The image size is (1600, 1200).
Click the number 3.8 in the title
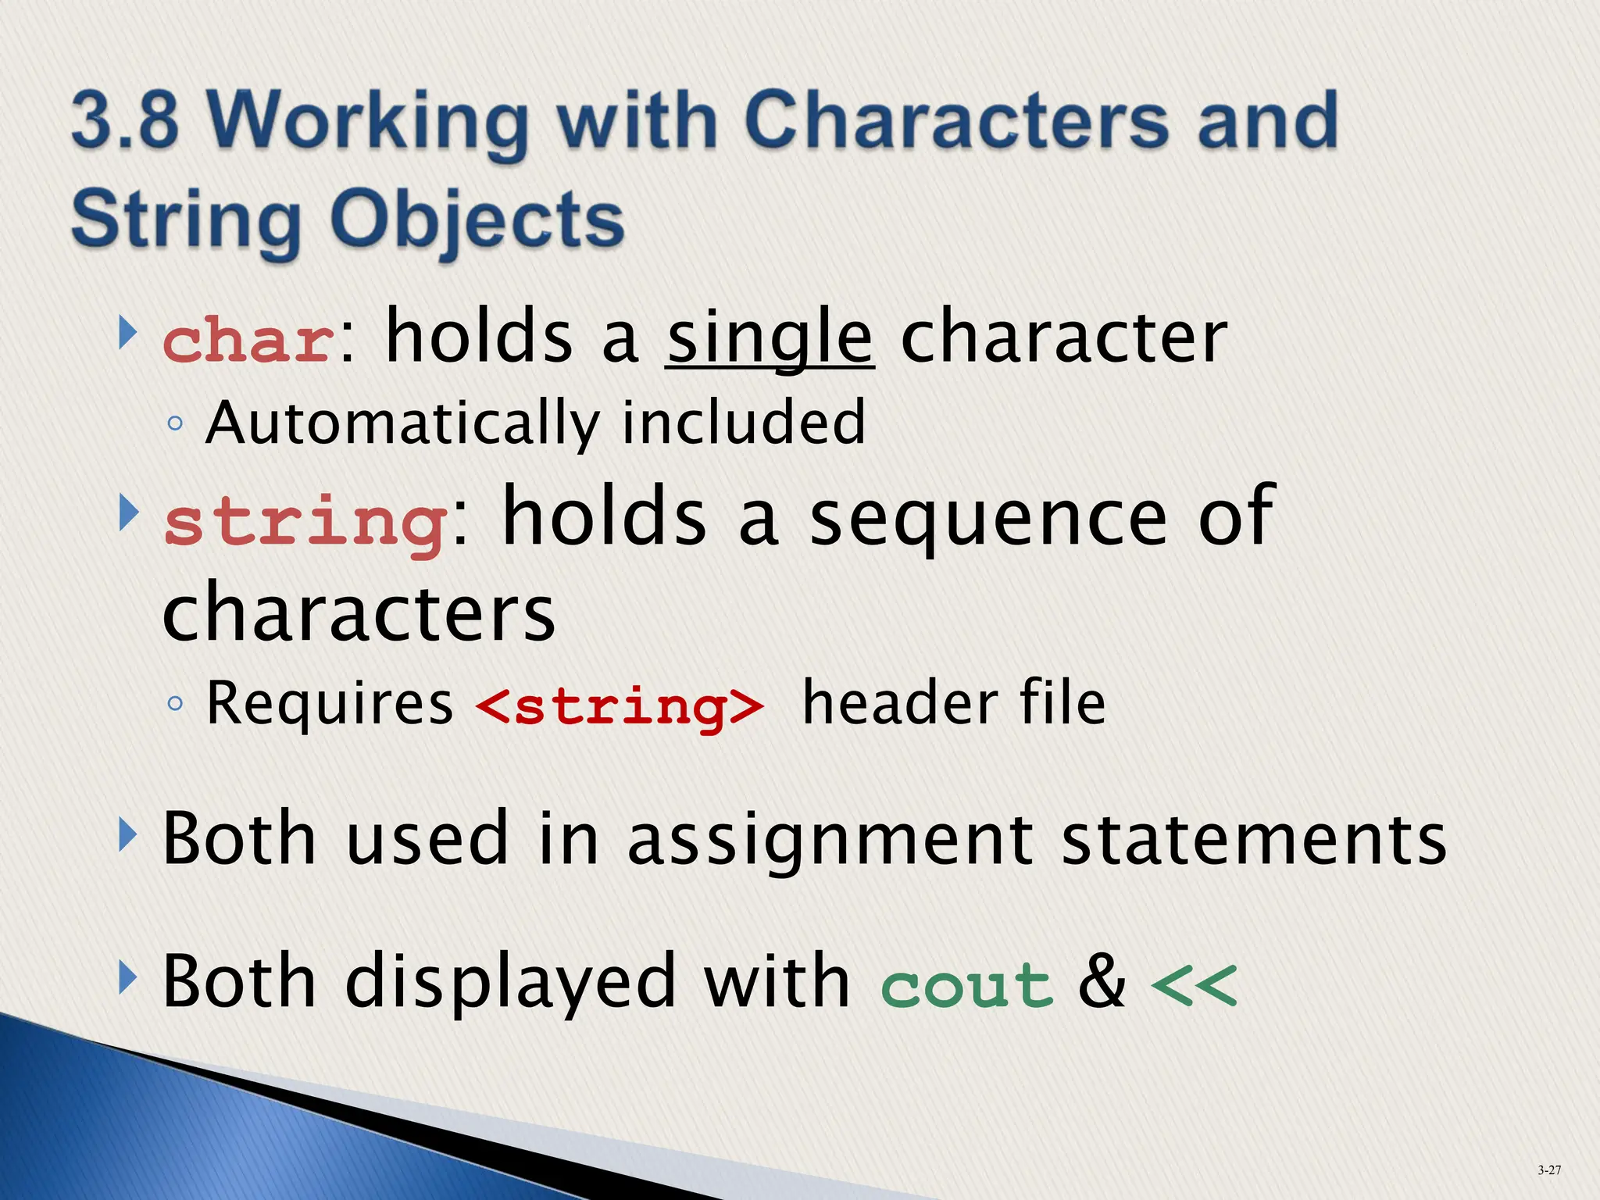coord(125,121)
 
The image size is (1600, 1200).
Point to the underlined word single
coord(770,337)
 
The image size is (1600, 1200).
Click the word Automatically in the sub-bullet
coord(402,423)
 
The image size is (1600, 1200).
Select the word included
coord(743,422)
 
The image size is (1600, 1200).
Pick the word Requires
coord(329,703)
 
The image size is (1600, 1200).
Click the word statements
coord(1254,841)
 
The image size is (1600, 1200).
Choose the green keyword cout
coord(966,986)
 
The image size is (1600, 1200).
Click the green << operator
coord(1194,986)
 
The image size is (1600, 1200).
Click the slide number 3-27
coord(1549,1170)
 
